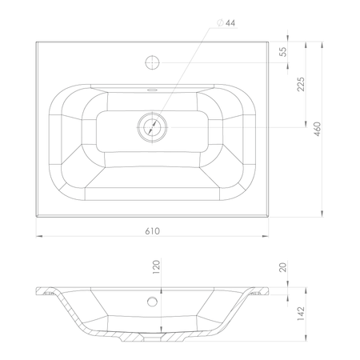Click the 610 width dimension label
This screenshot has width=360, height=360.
153,231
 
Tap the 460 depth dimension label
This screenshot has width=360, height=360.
318,129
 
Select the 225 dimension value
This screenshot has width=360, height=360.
301,84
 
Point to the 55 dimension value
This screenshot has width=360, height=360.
283,52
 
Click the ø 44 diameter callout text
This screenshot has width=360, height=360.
226,23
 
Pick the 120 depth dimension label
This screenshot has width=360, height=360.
156,267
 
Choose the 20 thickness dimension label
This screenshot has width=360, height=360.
283,267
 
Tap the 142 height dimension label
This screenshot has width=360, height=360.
301,314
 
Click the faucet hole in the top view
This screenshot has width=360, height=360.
152,62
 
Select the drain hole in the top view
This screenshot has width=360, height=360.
152,127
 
